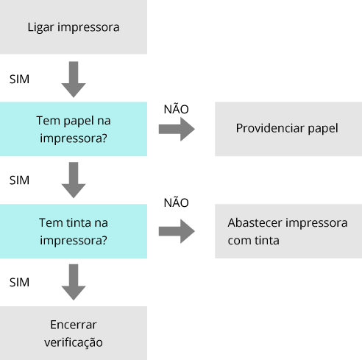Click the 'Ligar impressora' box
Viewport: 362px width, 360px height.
click(74, 27)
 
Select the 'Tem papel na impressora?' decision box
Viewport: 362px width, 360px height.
click(74, 129)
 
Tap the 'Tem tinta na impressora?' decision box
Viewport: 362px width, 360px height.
click(74, 231)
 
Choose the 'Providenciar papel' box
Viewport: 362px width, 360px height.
click(288, 129)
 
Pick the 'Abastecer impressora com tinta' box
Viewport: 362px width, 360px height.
click(288, 231)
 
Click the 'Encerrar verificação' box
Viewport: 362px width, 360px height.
click(74, 333)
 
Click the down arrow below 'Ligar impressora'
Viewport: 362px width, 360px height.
click(74, 80)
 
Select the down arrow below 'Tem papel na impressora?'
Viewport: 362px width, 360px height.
click(74, 180)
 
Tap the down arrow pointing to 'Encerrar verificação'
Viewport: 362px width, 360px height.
click(74, 282)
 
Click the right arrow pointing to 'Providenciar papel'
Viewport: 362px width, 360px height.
click(177, 129)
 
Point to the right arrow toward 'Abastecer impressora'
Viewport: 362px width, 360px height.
click(177, 231)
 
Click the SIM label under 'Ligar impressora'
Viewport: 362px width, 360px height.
click(19, 80)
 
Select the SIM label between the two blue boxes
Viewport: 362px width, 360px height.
click(19, 180)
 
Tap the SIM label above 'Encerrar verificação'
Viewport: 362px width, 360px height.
click(19, 283)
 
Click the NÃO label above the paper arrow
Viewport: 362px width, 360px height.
click(176, 109)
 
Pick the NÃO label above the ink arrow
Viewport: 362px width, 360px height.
click(176, 202)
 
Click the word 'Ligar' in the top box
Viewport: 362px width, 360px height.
click(40, 27)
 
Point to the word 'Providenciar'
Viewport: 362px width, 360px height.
click(270, 128)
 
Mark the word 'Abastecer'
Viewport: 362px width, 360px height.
click(255, 223)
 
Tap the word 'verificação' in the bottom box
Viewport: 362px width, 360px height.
click(74, 342)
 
